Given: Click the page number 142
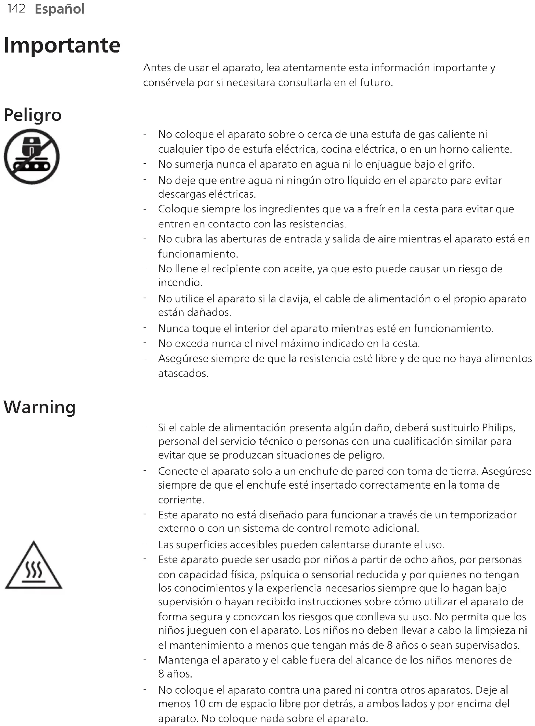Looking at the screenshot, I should click(x=16, y=8).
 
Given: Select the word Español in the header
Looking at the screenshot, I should click(x=59, y=9).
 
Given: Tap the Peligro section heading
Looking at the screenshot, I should click(x=33, y=115).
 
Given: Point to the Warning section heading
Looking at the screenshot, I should click(x=40, y=407).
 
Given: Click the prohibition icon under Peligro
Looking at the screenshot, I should click(x=32, y=157).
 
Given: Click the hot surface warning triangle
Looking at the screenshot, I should click(x=33, y=566).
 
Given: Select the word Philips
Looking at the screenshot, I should click(x=498, y=428).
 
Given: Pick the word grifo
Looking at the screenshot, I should click(x=461, y=164).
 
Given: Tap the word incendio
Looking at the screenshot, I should click(x=180, y=283).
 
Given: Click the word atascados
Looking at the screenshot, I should click(x=183, y=374).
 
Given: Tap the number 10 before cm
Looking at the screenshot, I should click(x=199, y=704).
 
